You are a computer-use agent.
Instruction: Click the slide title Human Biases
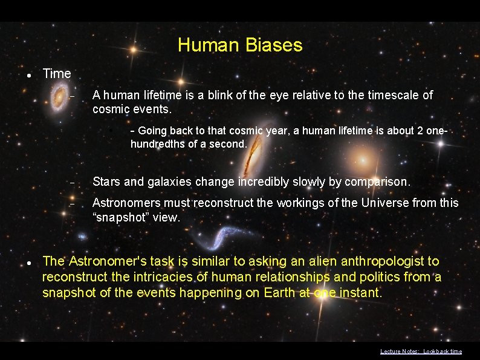[x=240, y=45]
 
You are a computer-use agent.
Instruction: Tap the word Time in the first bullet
[x=57, y=74]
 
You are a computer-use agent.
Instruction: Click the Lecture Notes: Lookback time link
[x=421, y=352]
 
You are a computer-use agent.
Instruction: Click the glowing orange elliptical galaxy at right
[x=363, y=162]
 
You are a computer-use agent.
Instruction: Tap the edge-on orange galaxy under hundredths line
[x=249, y=159]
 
